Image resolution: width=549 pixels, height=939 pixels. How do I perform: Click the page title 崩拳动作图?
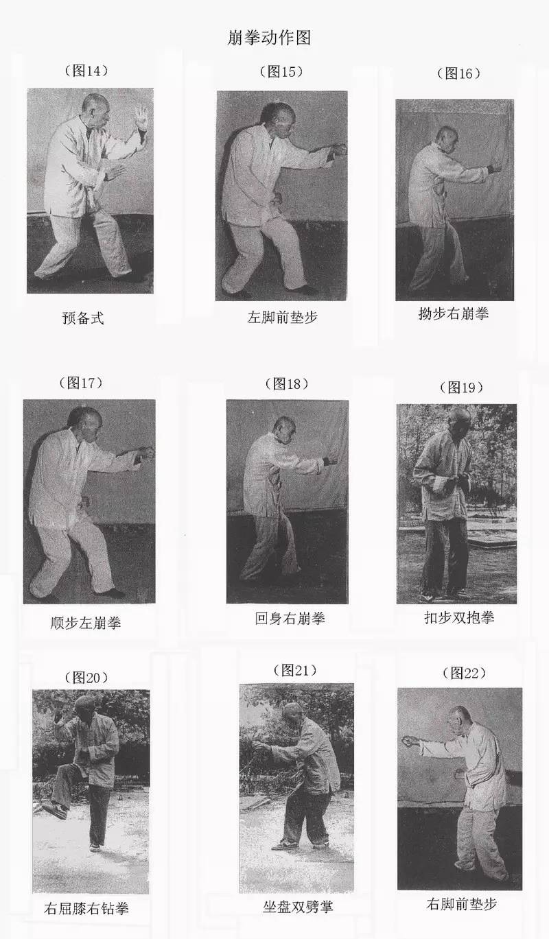click(x=269, y=37)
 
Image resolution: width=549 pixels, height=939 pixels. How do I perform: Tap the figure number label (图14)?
click(x=86, y=70)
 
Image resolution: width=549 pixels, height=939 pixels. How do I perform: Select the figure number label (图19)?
click(x=461, y=387)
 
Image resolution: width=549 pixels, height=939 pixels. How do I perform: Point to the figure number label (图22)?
click(x=464, y=673)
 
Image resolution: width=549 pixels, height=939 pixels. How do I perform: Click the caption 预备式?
click(x=83, y=318)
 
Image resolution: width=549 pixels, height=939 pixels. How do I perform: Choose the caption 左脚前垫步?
click(x=282, y=318)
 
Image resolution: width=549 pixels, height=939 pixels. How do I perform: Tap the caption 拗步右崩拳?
click(x=454, y=313)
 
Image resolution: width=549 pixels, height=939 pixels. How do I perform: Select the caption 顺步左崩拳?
click(x=86, y=623)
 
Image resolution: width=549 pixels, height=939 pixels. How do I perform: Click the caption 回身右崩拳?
click(x=290, y=618)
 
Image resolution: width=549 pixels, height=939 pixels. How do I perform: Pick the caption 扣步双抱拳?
click(x=459, y=617)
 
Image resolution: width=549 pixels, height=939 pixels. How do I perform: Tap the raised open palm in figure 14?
click(x=142, y=117)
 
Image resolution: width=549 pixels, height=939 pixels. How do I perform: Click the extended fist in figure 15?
click(x=338, y=150)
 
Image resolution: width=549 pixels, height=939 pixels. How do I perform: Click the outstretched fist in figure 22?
click(x=407, y=742)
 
